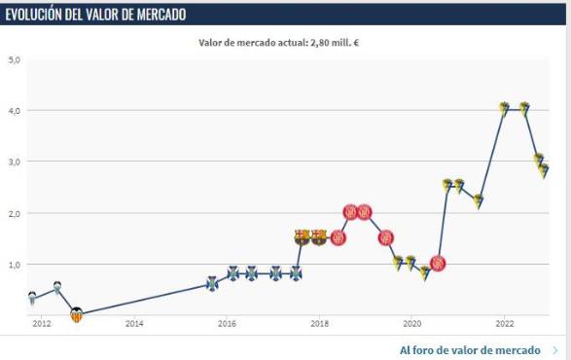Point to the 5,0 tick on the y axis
click(x=15, y=59)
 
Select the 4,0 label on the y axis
click(x=15, y=111)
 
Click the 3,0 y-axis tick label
click(x=15, y=162)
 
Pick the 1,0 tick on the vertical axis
click(x=15, y=264)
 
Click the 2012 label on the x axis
click(x=41, y=323)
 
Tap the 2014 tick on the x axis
click(x=134, y=323)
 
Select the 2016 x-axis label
click(x=227, y=323)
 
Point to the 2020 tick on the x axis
click(x=411, y=323)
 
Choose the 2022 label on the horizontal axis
click(x=504, y=323)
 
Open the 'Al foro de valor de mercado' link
click(x=471, y=349)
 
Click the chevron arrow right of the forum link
click(x=554, y=349)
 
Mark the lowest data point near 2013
click(x=77, y=314)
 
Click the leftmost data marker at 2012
click(x=32, y=298)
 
